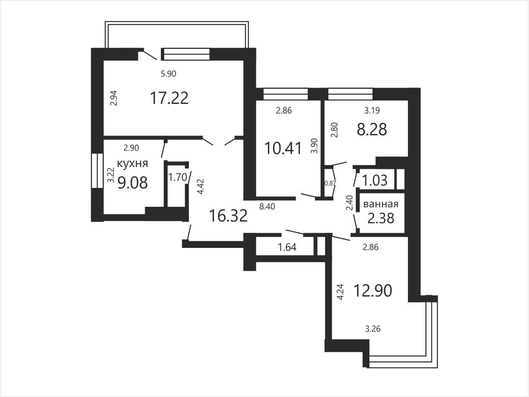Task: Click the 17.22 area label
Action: coord(169,98)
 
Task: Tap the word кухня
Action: coord(132,164)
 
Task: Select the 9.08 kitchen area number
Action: coord(132,183)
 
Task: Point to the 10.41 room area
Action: coord(283,148)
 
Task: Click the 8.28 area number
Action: coord(372,129)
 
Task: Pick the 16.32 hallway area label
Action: coord(228,216)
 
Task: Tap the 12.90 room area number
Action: coord(373,291)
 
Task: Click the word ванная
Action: coord(381,204)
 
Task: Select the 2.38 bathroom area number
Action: coord(381,218)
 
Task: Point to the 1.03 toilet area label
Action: coord(375,180)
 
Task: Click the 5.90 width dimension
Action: coord(168,73)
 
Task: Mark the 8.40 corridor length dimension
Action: coord(267,206)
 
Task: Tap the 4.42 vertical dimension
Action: coord(201,186)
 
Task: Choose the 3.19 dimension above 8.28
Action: coord(372,110)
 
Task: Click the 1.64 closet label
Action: coord(287,247)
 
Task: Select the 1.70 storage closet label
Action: coord(178,178)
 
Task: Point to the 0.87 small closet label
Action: coord(330,183)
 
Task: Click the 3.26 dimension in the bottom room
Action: coord(373,329)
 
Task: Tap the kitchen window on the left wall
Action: coord(97,170)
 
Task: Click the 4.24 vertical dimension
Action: coord(340,292)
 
